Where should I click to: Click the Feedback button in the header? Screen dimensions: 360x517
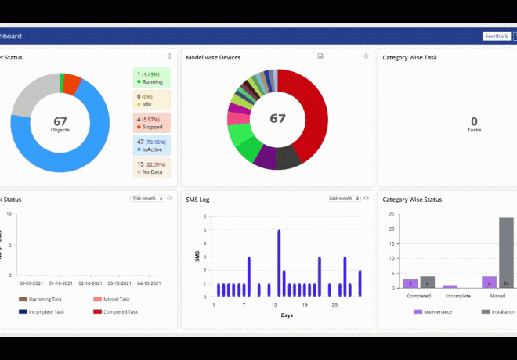coord(497,36)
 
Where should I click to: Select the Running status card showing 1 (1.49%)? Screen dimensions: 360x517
coord(151,77)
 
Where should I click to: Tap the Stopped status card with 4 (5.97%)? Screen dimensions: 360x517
coord(151,123)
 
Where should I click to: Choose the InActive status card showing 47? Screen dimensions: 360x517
coord(151,146)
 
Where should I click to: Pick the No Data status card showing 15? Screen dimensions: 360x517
coord(151,168)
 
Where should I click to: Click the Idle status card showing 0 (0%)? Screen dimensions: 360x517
coord(151,100)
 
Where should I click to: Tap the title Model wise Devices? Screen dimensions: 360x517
coord(213,57)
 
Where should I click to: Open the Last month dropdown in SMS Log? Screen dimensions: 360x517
coord(345,199)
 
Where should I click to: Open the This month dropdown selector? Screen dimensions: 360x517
coord(148,199)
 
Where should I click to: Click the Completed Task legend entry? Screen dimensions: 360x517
coord(118,311)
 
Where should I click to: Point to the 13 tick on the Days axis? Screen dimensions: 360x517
coord(274,305)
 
